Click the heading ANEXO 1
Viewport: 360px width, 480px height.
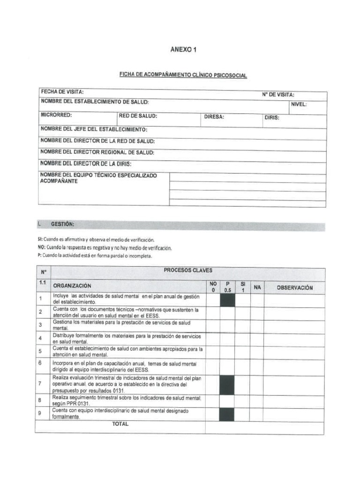coord(183,50)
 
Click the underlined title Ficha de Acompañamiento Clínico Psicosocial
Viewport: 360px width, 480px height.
coord(183,75)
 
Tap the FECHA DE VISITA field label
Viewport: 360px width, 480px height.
coord(62,92)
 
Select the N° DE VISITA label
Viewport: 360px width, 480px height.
coord(278,95)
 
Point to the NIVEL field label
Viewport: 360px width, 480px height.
coord(299,104)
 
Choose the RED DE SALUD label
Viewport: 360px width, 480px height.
coord(138,116)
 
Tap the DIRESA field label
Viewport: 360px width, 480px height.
coord(214,117)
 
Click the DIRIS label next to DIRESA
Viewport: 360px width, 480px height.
coord(272,118)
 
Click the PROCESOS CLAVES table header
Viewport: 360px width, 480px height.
coord(187,270)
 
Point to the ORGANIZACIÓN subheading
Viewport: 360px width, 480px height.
coord(72,285)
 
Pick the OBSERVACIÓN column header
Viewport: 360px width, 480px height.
coord(294,288)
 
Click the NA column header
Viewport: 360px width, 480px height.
coord(257,287)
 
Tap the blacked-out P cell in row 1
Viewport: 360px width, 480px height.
coord(227,300)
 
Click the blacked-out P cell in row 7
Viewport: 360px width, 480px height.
coord(227,384)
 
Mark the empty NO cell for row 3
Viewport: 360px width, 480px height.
coord(212,326)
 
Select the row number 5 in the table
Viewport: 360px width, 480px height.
coord(41,351)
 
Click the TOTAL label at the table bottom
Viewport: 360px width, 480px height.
coord(120,424)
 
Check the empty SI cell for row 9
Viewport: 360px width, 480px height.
coord(242,414)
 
